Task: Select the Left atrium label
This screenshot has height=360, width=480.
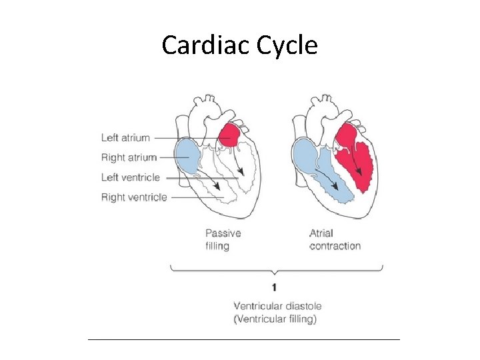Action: point(125,138)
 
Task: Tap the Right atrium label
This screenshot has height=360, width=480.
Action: point(129,158)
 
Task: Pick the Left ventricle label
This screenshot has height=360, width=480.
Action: point(131,177)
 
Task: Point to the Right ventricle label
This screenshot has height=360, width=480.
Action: point(134,197)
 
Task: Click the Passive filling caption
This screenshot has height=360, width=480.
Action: point(223,239)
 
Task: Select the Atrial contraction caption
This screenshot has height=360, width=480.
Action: point(335,239)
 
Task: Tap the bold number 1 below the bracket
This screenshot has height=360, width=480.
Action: point(274,287)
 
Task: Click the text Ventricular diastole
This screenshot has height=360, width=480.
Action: point(277,306)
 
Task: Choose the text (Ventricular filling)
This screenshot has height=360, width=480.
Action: point(275,319)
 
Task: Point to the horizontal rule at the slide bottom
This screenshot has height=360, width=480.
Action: point(243,339)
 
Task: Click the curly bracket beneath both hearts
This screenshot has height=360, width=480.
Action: point(277,269)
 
